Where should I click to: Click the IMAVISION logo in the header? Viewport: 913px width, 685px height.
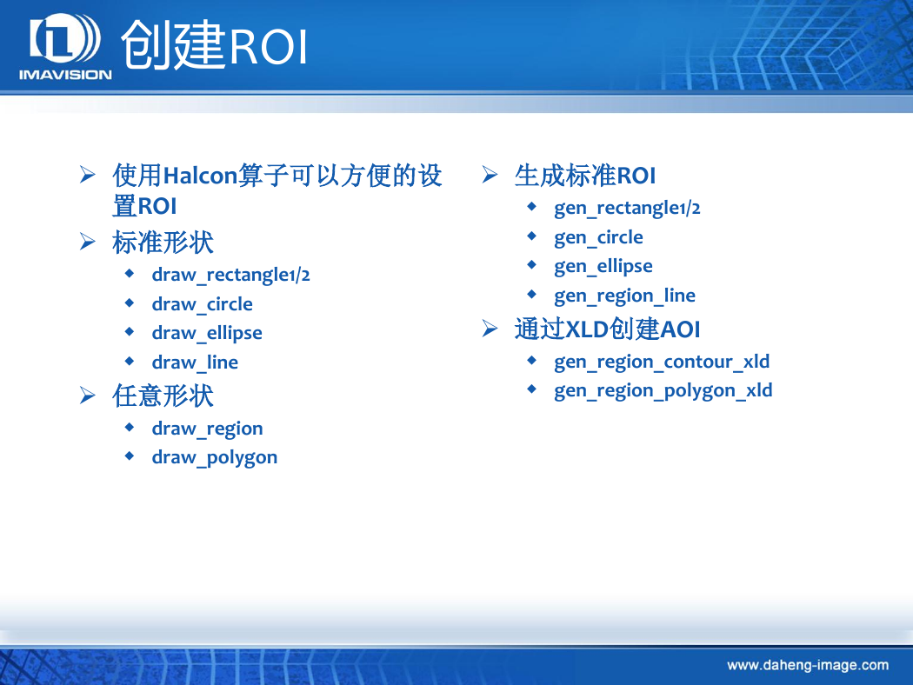65,46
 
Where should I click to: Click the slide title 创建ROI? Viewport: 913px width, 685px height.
214,45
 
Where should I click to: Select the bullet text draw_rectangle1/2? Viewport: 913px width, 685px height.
230,275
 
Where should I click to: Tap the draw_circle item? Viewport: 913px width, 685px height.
202,303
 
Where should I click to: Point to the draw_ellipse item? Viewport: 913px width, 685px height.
207,333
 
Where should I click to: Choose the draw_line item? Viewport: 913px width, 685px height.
195,362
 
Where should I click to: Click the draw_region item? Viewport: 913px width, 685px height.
207,429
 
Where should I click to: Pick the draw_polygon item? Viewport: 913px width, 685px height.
214,457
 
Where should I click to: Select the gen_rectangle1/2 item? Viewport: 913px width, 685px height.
627,208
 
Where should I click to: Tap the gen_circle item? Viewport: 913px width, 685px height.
598,237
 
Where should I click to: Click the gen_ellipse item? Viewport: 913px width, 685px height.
603,266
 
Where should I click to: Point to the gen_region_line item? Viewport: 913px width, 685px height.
625,296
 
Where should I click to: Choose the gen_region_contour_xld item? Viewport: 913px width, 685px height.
662,362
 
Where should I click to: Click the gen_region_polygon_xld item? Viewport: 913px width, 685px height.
663,390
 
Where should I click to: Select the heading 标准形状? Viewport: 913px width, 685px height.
163,243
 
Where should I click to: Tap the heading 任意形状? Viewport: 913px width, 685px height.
163,396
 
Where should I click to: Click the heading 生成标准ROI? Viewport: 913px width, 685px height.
585,176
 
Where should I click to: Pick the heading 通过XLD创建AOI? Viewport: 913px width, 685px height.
607,329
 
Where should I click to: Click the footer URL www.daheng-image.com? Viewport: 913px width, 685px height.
808,665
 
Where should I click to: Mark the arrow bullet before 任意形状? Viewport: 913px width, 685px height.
87,396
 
